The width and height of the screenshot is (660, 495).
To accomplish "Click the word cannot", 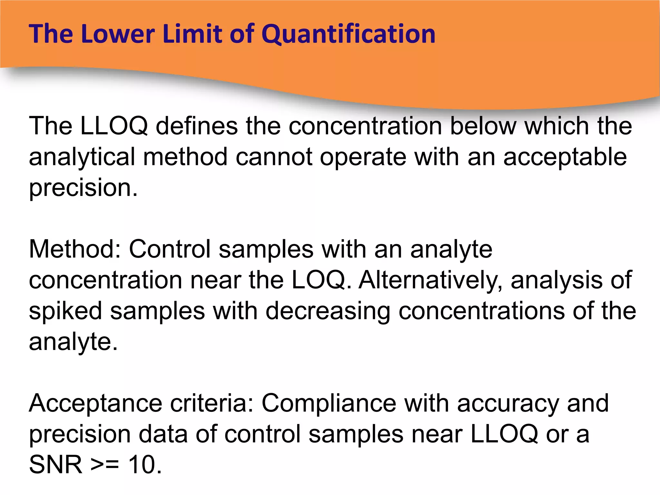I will tap(274, 157).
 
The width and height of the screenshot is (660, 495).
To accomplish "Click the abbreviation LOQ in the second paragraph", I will tap(321, 280).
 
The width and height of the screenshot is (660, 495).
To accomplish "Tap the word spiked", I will tap(65, 311).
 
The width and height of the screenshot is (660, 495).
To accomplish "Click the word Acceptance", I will tap(95, 403).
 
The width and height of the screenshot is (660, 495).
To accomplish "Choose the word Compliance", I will tap(329, 404).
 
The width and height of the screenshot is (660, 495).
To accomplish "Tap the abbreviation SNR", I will tap(56, 465).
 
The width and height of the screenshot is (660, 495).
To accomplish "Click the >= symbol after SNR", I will tap(105, 465).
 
